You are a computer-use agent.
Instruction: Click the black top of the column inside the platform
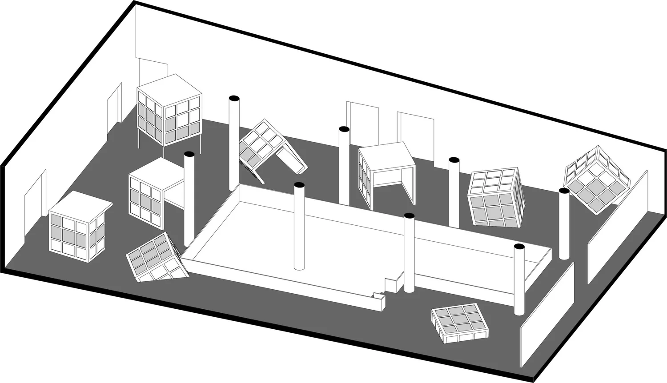(x=299, y=185)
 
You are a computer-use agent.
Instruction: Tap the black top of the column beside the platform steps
(x=409, y=216)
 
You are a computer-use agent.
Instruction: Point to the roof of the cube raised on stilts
(x=169, y=89)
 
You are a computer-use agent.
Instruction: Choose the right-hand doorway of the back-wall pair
(x=416, y=129)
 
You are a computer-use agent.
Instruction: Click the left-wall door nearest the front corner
(x=35, y=194)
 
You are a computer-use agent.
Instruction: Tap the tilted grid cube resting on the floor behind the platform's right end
(x=496, y=197)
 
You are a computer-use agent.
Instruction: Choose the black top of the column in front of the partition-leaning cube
(x=564, y=191)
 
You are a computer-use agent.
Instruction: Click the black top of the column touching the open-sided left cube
(x=189, y=154)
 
